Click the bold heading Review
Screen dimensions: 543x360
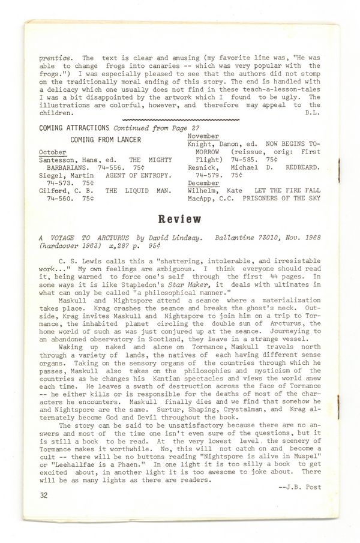[x=179, y=220]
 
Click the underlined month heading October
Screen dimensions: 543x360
[x=53, y=152]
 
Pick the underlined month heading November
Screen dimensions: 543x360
[x=203, y=136]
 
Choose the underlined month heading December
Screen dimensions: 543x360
[x=203, y=182]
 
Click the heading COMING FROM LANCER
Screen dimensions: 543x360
[x=106, y=140]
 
